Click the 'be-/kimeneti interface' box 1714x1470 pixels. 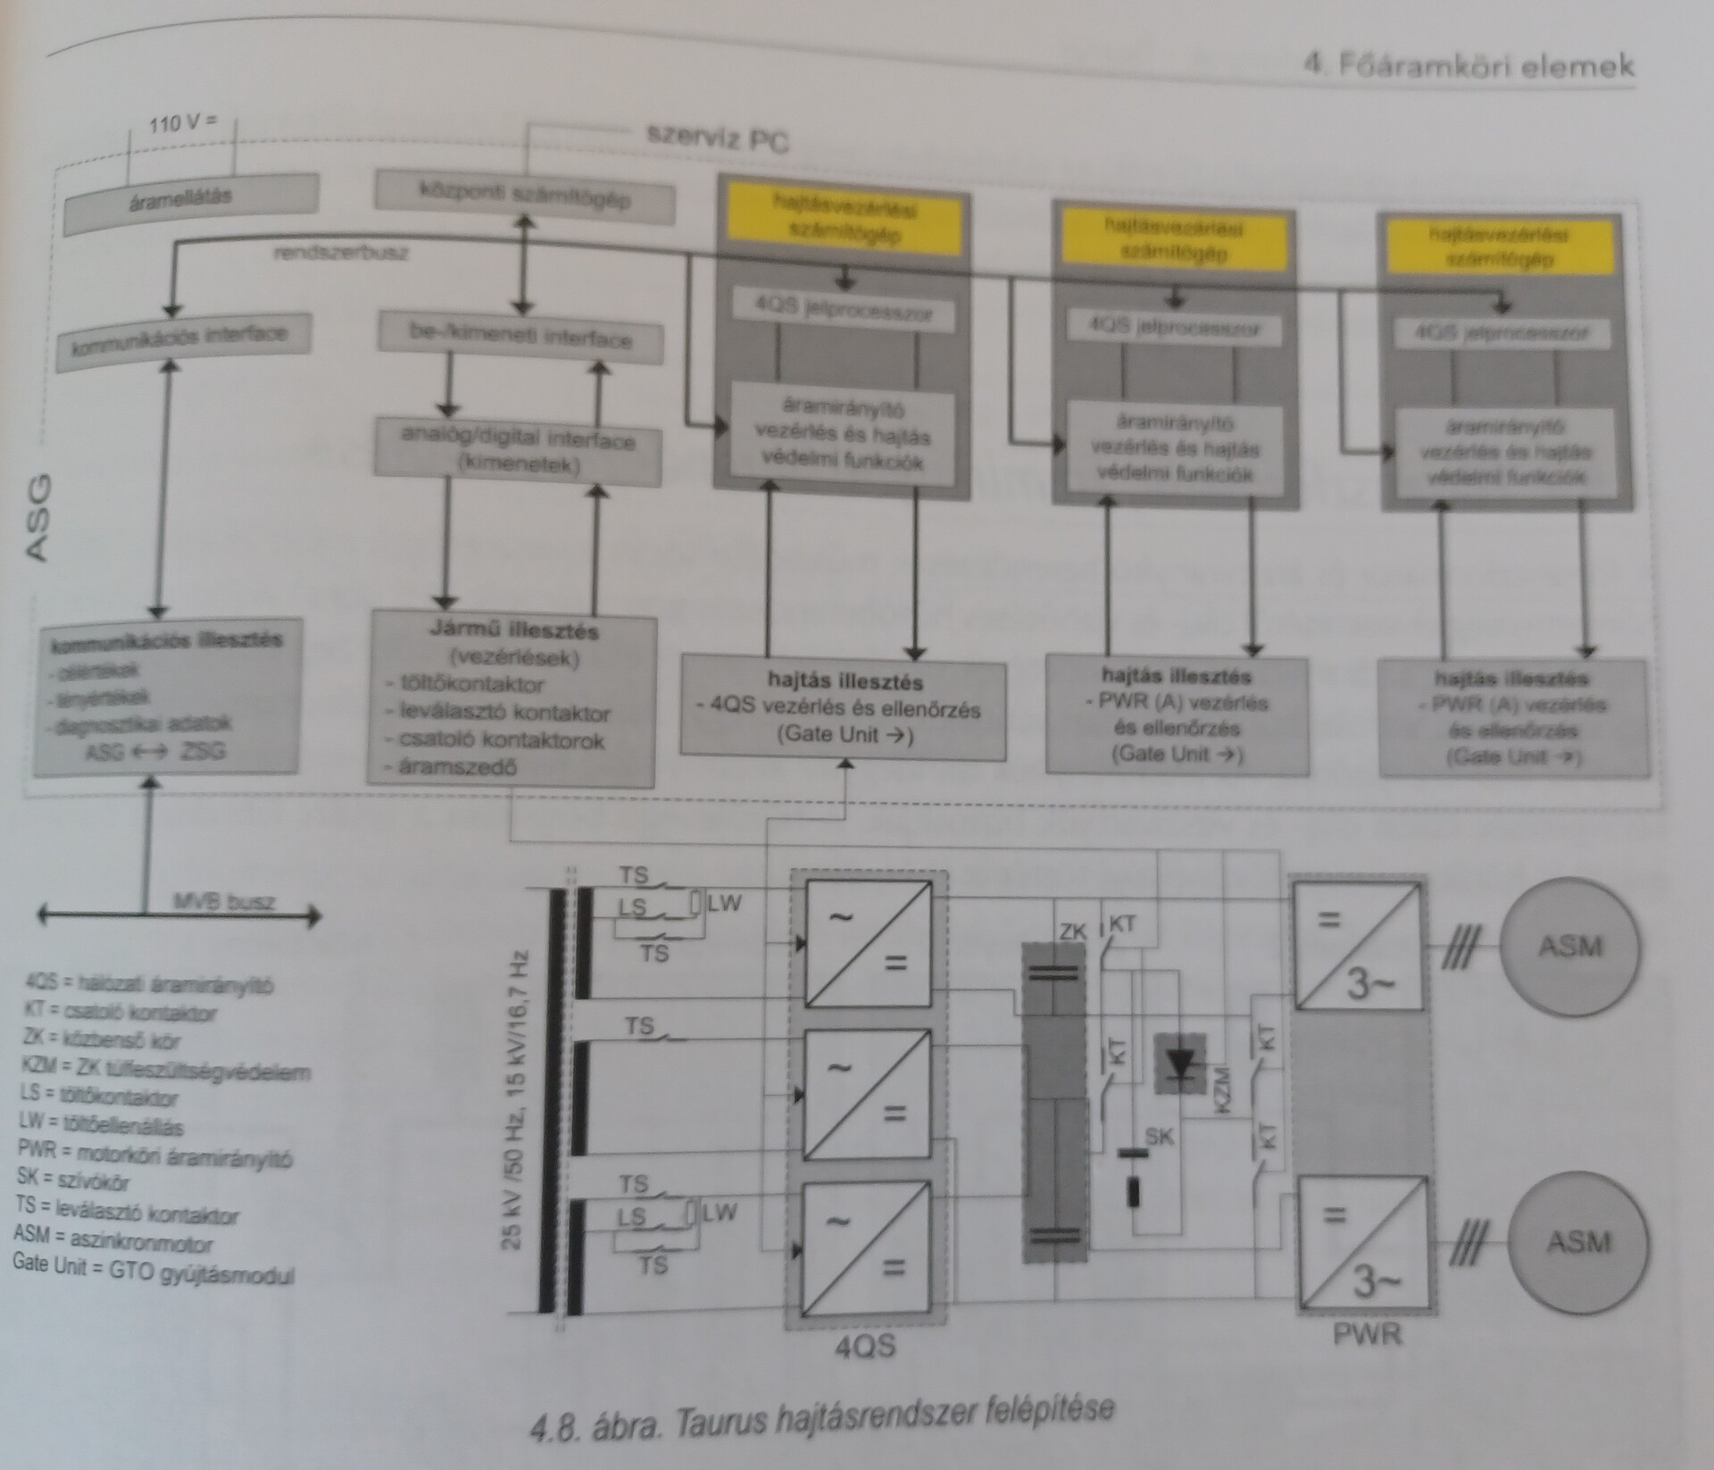tap(521, 338)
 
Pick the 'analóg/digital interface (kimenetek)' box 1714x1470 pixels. tap(519, 452)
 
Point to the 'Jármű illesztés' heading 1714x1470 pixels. tap(513, 631)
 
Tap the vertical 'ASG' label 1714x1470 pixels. tap(38, 519)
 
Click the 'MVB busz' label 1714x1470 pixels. tap(224, 901)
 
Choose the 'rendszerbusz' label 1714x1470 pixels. tap(342, 253)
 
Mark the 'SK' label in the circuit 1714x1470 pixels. tap(1160, 1137)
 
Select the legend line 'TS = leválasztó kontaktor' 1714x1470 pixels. tap(127, 1214)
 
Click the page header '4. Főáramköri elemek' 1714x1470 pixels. tap(1469, 65)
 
